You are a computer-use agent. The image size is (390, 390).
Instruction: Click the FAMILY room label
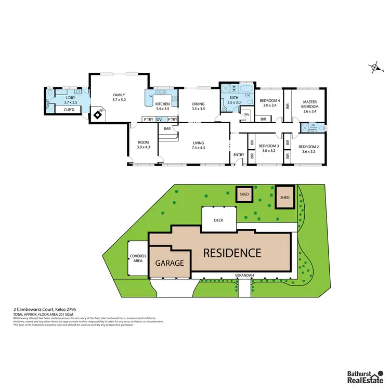[120, 95]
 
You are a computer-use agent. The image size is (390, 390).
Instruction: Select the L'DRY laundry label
[71, 98]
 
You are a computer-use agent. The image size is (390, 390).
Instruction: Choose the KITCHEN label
[163, 104]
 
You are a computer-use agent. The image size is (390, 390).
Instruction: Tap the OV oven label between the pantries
[159, 120]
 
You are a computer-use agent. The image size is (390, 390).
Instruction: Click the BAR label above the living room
[167, 128]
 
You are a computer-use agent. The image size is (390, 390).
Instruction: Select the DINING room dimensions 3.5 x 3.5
[198, 109]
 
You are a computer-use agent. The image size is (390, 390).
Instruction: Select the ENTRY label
[239, 154]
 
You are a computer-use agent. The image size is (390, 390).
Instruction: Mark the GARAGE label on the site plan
[170, 263]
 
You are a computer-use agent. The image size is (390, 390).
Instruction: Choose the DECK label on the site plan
[218, 220]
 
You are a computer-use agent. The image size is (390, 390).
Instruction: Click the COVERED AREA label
[138, 258]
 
